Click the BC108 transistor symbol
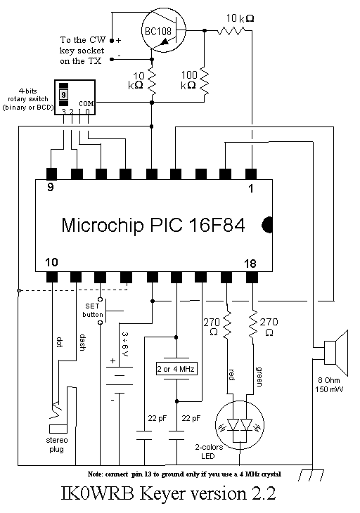tap(163, 30)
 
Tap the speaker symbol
tap(335, 353)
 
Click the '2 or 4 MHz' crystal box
tap(176, 369)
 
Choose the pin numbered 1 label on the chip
tap(251, 188)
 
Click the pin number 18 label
tap(250, 264)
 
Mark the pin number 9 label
tap(50, 188)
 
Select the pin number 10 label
tap(51, 262)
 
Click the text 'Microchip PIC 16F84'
tap(153, 225)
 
